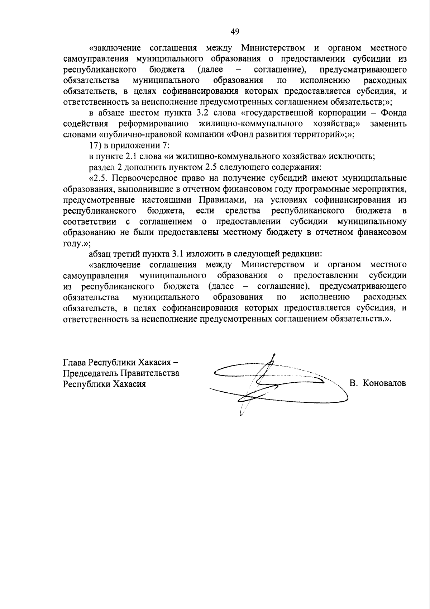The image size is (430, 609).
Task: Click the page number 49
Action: (x=235, y=32)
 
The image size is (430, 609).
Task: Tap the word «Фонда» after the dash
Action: (x=393, y=113)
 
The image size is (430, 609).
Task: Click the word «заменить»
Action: (x=388, y=124)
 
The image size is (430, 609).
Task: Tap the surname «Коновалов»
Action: (x=384, y=383)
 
